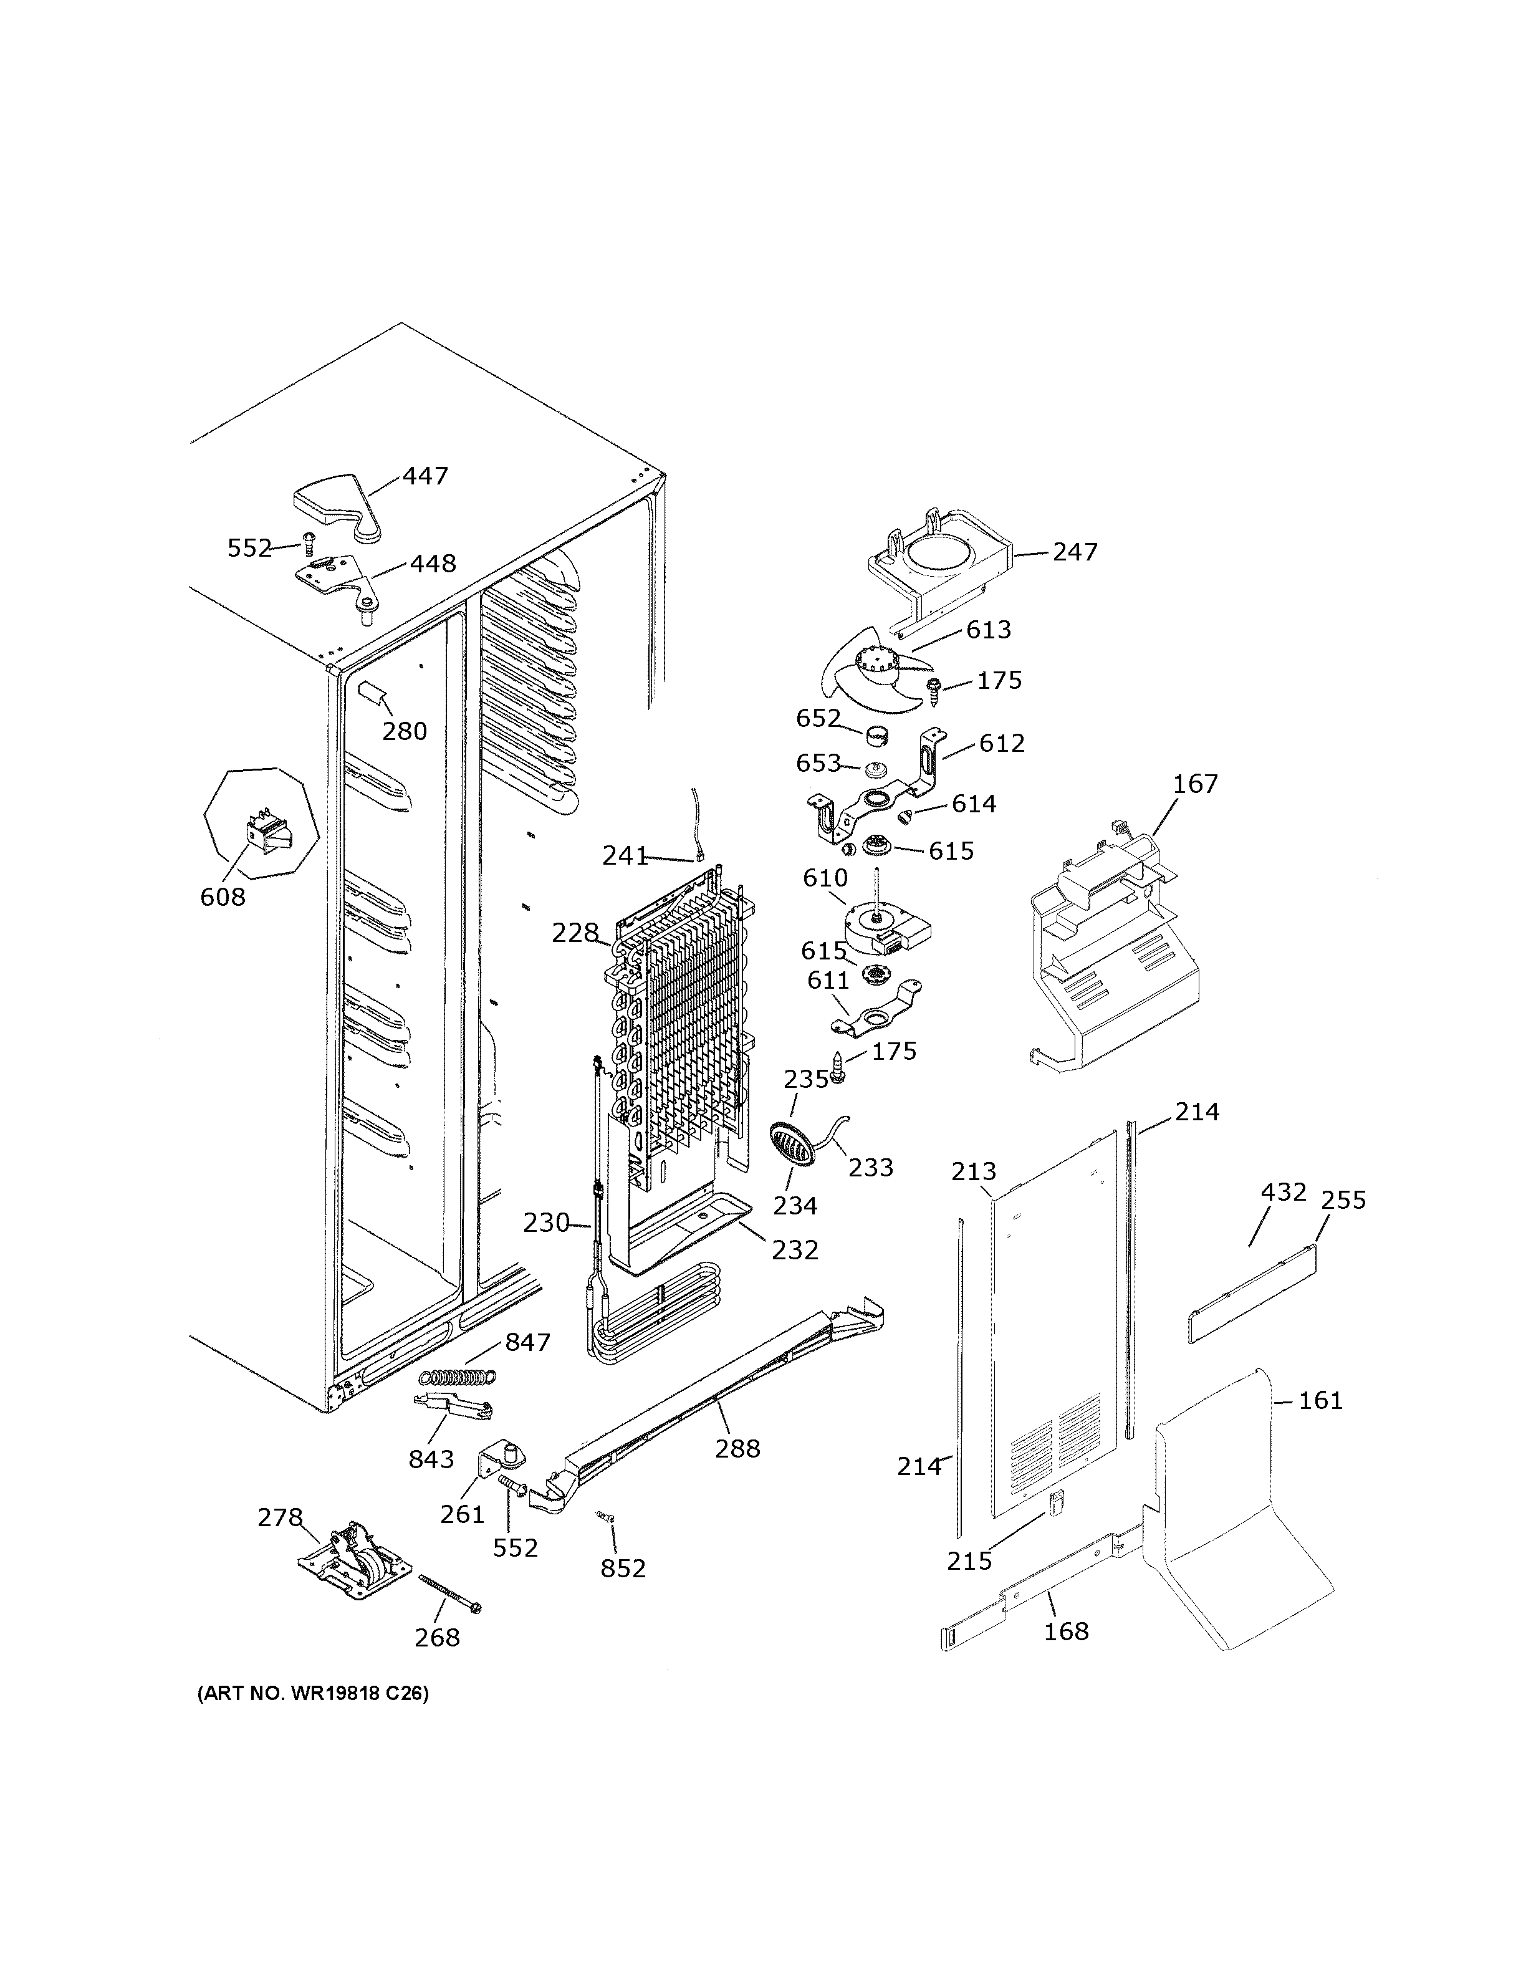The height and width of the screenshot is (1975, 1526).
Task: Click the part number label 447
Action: click(425, 476)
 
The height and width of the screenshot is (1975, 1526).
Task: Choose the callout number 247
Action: click(1074, 552)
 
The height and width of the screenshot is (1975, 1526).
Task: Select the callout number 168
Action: click(1066, 1631)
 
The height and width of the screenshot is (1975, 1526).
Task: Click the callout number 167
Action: click(1195, 784)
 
